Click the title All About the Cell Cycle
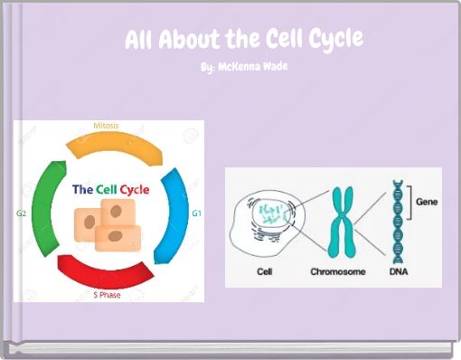pyautogui.click(x=243, y=40)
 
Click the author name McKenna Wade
pyautogui.click(x=243, y=67)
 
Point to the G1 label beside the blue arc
pyautogui.click(x=197, y=213)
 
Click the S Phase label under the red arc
pyautogui.click(x=108, y=295)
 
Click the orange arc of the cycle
pyautogui.click(x=112, y=147)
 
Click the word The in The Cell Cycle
pyautogui.click(x=82, y=189)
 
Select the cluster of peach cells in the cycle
pyautogui.click(x=107, y=224)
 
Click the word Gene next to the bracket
pyautogui.click(x=426, y=204)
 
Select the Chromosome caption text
pyautogui.click(x=338, y=270)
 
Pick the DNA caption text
pyautogui.click(x=399, y=270)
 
